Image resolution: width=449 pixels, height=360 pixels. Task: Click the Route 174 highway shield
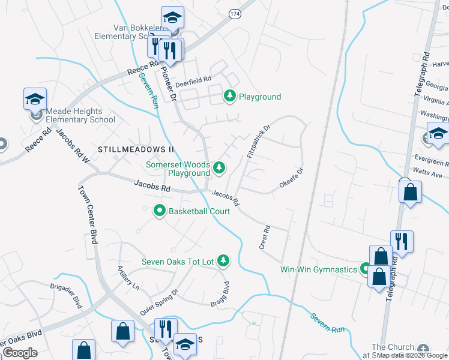234,13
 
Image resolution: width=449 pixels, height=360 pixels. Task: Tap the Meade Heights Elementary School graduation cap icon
35,98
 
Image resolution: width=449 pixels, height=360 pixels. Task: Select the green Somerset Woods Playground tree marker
220,169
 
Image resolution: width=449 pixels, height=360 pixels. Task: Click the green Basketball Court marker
160,211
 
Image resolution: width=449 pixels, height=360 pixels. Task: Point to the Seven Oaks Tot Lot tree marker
223,260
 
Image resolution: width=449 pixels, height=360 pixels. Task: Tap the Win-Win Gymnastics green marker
365,269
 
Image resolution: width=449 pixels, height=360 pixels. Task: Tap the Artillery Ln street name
128,278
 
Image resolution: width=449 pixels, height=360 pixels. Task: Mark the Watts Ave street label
428,175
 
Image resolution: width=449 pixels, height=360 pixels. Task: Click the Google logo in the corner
20,353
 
